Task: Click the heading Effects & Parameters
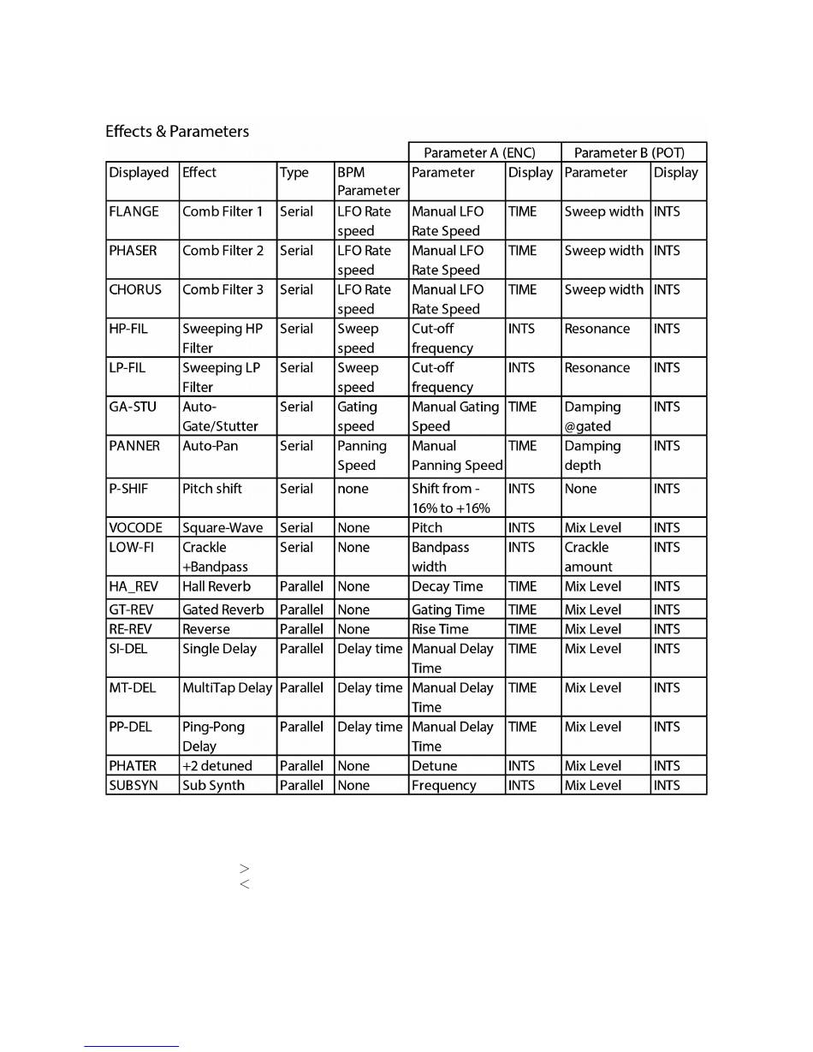[x=177, y=131]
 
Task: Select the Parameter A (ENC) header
[x=479, y=152]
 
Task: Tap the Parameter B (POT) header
[x=628, y=152]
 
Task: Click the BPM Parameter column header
[x=368, y=181]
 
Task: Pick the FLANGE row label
[x=134, y=211]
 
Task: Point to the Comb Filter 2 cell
[x=223, y=251]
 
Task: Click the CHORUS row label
[x=135, y=289]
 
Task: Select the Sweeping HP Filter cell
[x=223, y=338]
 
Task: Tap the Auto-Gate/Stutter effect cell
[x=220, y=416]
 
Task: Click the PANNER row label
[x=134, y=446]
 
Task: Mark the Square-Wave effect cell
[x=223, y=528]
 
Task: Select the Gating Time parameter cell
[x=448, y=609]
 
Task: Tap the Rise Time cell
[x=440, y=629]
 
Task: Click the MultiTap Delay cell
[x=227, y=687]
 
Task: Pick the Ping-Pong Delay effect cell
[x=214, y=736]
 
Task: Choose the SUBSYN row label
[x=134, y=785]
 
